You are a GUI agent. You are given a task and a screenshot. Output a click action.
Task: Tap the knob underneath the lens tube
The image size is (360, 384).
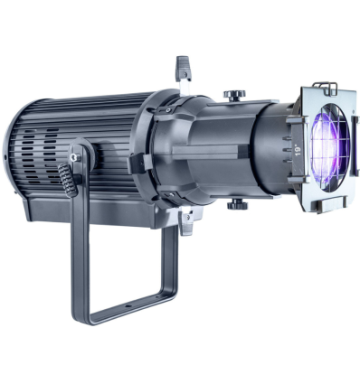pyautogui.click(x=238, y=203)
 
